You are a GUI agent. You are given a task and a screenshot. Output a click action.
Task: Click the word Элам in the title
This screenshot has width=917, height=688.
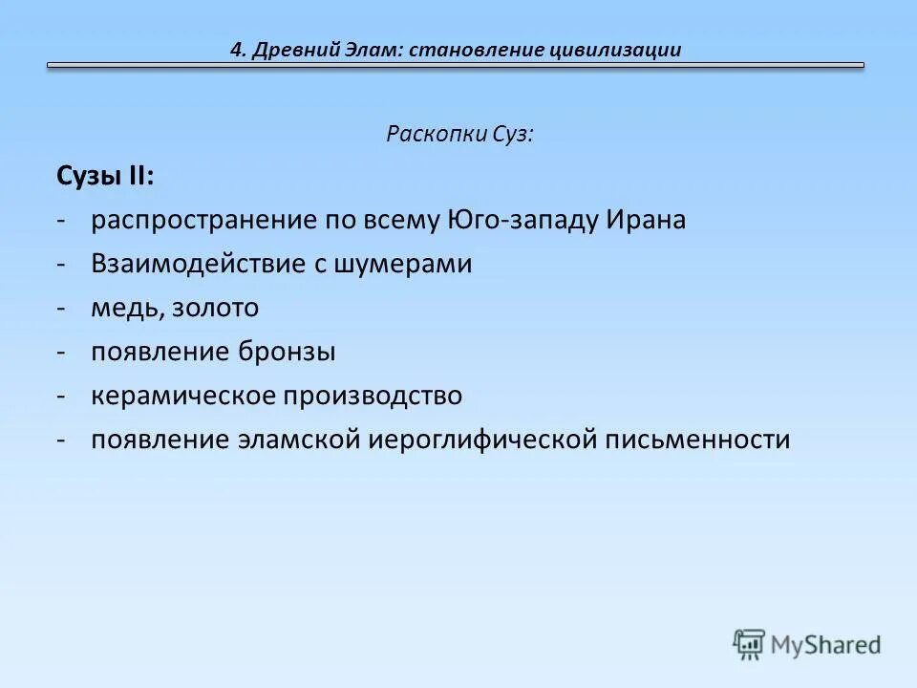(x=373, y=50)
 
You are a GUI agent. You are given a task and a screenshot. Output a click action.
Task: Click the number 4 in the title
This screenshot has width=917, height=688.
(x=237, y=50)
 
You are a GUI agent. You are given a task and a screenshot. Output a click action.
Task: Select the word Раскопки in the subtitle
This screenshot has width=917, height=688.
(x=426, y=134)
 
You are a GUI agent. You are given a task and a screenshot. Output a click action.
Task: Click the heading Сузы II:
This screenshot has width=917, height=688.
(x=104, y=176)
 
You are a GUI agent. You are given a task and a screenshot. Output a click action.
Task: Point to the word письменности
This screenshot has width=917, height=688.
(x=697, y=440)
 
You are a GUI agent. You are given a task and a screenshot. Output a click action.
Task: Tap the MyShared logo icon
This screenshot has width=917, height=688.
(x=750, y=644)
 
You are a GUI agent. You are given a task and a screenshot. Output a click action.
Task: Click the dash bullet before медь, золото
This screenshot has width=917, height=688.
(x=60, y=308)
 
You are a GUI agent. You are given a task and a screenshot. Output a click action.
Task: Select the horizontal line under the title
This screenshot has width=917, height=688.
(x=456, y=66)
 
